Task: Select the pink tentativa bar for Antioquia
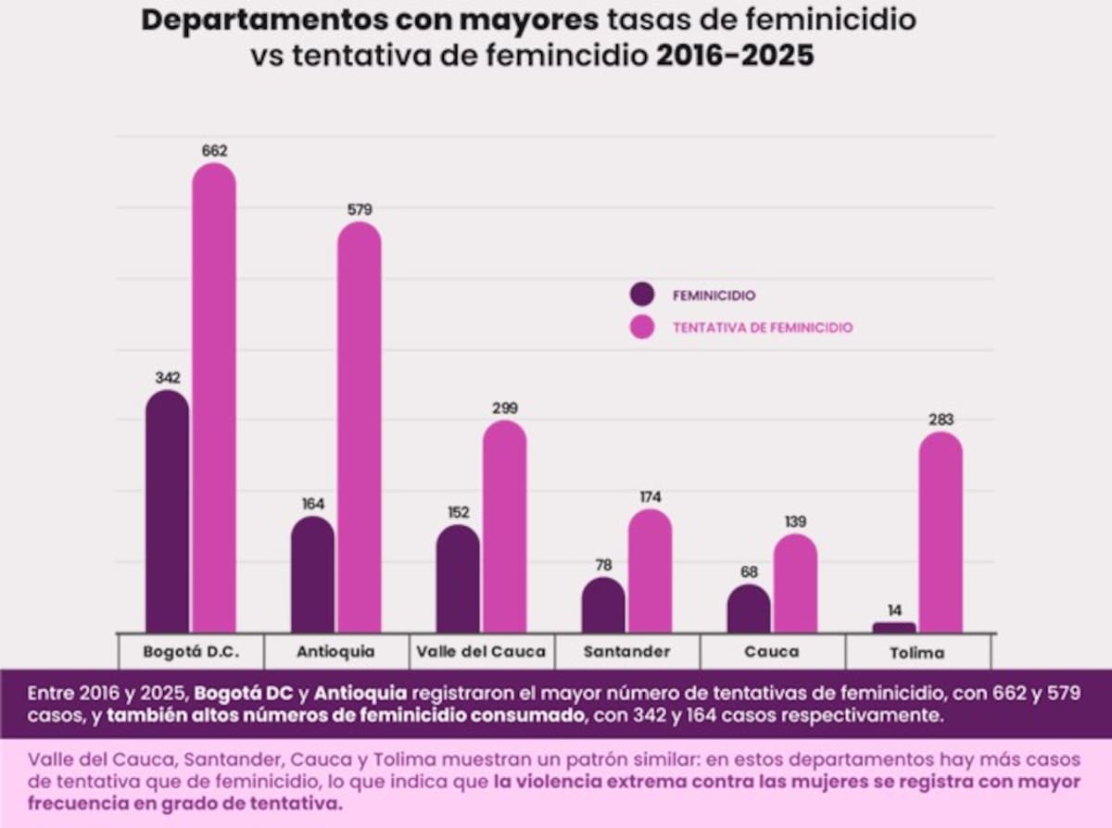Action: tap(359, 427)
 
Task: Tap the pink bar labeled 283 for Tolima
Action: tap(941, 533)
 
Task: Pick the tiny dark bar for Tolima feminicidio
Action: tap(894, 627)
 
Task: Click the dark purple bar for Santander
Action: tap(603, 605)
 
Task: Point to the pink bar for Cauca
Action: tap(795, 583)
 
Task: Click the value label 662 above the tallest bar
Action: tap(214, 150)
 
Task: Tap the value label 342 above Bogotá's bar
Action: tap(168, 378)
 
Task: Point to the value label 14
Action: tap(894, 610)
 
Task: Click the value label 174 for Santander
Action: tap(650, 496)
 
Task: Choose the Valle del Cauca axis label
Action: tap(481, 651)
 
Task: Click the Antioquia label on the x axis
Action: tap(335, 651)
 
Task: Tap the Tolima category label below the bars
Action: tap(917, 652)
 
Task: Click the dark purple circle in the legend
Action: tap(641, 295)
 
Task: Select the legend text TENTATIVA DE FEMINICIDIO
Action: tap(763, 327)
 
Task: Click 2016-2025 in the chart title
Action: tap(735, 55)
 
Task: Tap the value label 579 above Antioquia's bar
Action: tap(359, 209)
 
